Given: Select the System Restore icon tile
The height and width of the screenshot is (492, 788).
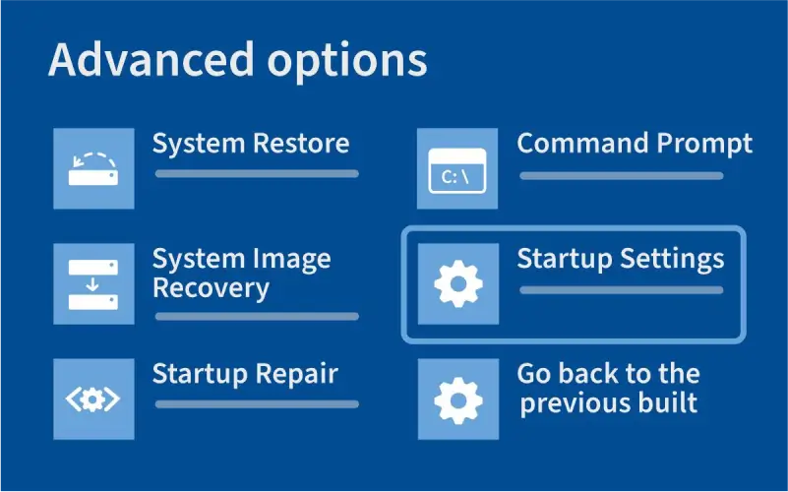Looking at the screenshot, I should [93, 168].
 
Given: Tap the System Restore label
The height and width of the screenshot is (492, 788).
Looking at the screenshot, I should [250, 144].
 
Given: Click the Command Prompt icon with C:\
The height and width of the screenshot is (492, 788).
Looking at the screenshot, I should [458, 168].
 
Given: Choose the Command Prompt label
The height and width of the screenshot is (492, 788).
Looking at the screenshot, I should [635, 144].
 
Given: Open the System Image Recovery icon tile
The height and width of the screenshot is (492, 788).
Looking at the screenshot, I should [93, 283].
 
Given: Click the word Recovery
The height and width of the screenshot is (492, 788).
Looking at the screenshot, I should [211, 288].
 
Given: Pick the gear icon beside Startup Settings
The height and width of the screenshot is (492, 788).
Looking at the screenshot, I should [458, 283].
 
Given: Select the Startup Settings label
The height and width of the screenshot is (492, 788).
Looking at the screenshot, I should [621, 259].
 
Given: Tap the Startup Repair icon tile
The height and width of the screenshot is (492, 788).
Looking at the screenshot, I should [93, 399].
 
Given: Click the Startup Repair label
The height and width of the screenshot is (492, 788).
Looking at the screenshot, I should [245, 375].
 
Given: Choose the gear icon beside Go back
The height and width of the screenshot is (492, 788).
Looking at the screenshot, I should [458, 399].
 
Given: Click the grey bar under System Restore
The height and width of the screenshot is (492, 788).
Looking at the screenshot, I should [257, 174].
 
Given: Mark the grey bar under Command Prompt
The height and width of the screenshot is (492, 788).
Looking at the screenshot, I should [622, 176].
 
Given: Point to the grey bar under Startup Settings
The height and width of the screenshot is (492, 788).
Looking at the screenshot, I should [622, 290].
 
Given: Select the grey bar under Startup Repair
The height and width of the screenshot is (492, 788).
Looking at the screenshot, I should [257, 403].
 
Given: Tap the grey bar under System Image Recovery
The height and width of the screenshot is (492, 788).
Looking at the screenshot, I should [257, 317].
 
